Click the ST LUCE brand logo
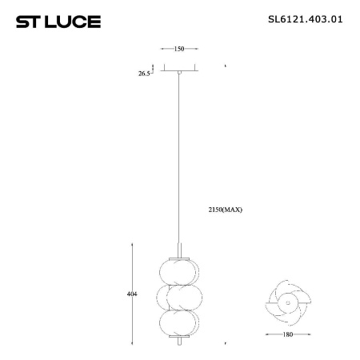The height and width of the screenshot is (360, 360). (58, 21)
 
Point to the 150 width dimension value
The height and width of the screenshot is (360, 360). (179, 50)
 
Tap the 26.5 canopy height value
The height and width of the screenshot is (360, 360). (145, 73)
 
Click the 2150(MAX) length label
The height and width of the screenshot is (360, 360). (224, 210)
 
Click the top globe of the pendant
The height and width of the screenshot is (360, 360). (179, 269)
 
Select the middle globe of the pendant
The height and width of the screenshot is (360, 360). (179, 297)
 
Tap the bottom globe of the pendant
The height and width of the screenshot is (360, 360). (179, 324)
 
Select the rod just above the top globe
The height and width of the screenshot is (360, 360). (180, 246)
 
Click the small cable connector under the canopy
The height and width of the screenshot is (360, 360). (180, 74)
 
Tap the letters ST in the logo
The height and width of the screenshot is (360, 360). (28, 21)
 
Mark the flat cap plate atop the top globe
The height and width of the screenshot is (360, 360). (180, 255)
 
